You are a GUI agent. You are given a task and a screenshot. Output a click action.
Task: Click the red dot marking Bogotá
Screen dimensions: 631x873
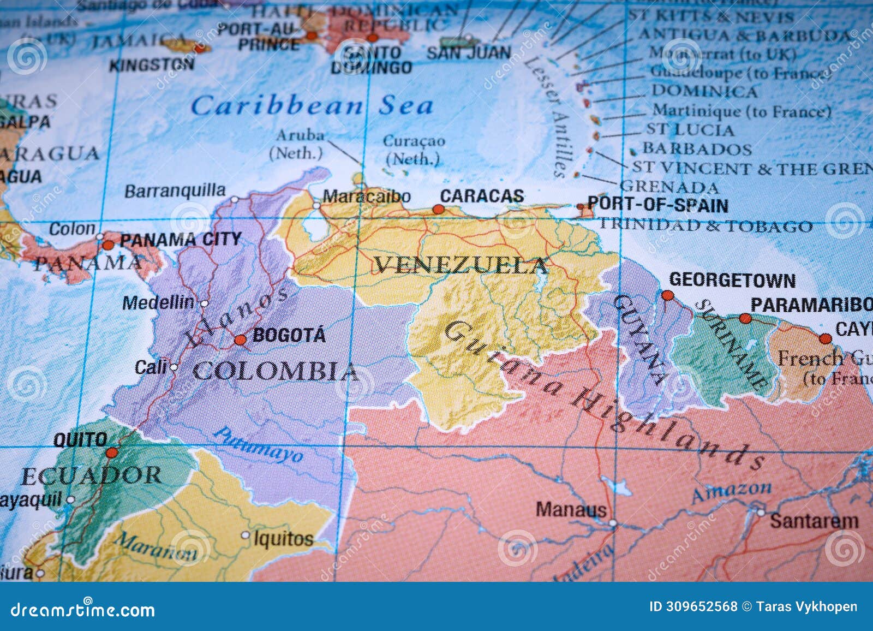[240, 340]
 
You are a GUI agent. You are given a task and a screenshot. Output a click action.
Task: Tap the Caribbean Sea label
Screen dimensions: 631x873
[312, 105]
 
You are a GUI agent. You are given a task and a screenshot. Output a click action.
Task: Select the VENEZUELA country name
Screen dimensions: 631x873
[461, 266]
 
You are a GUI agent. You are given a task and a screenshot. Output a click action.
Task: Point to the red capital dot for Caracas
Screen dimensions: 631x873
[438, 209]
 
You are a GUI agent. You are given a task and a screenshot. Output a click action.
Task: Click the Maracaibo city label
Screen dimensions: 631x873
[366, 197]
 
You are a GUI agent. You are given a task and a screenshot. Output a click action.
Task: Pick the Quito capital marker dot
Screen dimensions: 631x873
[112, 453]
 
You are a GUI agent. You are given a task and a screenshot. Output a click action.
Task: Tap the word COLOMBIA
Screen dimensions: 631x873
[276, 372]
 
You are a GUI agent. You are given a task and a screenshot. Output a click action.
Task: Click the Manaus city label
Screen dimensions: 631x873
[571, 510]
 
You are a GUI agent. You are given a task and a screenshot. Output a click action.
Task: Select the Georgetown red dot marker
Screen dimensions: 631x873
[667, 295]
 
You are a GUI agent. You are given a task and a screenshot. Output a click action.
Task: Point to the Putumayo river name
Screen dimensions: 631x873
[258, 444]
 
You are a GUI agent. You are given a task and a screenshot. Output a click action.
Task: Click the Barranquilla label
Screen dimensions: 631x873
[175, 191]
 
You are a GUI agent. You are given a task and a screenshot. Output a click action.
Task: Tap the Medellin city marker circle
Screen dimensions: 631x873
[205, 303]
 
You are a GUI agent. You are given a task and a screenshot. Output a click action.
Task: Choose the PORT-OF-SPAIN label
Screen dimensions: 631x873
[657, 205]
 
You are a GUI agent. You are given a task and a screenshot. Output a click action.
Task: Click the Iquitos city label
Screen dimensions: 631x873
[283, 539]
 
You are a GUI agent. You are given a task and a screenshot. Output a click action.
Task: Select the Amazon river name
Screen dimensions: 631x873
[731, 492]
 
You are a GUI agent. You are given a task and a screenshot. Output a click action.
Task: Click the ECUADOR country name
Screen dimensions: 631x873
[91, 477]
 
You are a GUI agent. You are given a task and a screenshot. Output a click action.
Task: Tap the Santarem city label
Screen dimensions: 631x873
[814, 521]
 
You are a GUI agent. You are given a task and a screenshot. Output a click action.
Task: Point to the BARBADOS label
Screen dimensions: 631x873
[697, 149]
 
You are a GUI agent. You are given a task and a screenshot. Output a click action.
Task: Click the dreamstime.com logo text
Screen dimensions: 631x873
[83, 609]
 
